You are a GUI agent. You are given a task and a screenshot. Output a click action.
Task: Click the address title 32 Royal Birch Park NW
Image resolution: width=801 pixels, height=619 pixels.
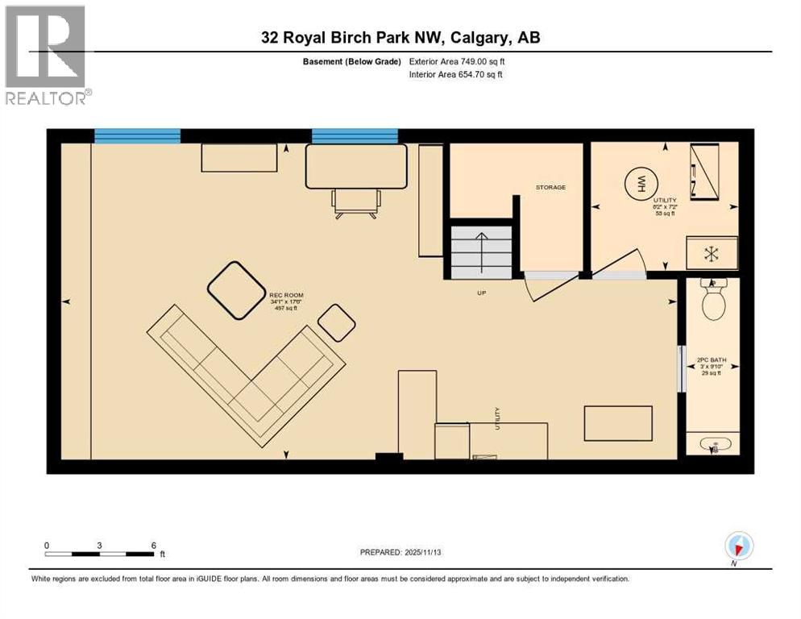pos(400,38)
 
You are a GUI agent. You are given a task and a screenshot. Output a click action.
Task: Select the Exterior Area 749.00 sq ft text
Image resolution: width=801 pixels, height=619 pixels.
pos(457,61)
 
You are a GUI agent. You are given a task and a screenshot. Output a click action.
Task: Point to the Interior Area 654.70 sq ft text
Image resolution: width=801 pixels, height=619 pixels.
pos(456,75)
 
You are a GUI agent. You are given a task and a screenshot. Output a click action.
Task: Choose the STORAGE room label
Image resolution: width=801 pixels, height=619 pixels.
pos(550,187)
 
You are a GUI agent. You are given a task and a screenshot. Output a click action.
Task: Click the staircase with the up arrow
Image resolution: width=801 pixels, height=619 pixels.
pos(481,251)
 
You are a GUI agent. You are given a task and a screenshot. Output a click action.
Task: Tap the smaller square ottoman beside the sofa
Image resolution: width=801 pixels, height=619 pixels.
pos(336,322)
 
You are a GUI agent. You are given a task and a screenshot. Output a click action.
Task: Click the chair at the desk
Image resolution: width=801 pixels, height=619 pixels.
pos(355,202)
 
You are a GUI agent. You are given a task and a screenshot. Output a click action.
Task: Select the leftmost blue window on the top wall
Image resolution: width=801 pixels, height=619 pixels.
pos(137,135)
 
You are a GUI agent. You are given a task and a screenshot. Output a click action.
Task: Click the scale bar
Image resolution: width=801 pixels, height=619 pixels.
pos(100,554)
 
